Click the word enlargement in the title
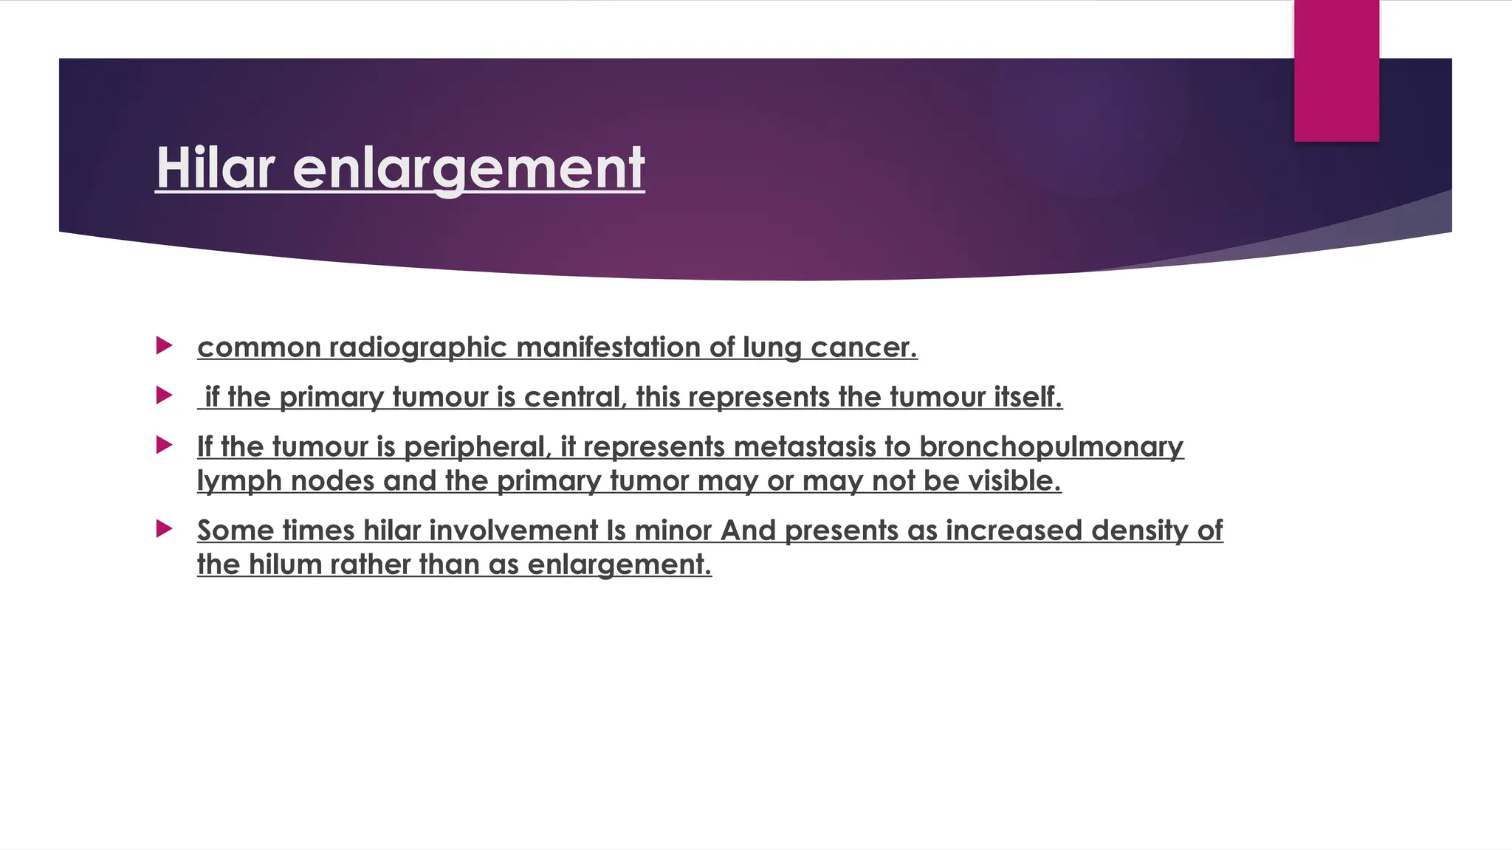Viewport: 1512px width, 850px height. pos(469,169)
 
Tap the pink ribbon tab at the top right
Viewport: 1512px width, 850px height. pos(1336,71)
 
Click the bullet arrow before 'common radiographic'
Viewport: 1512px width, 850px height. pos(165,345)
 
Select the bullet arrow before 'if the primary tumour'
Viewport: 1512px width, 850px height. pos(165,395)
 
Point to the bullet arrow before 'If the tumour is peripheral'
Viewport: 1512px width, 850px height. pos(165,445)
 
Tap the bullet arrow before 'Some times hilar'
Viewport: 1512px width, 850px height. pos(165,528)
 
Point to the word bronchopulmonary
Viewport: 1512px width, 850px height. pos(1051,447)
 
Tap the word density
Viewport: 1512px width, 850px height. pos(1140,531)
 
